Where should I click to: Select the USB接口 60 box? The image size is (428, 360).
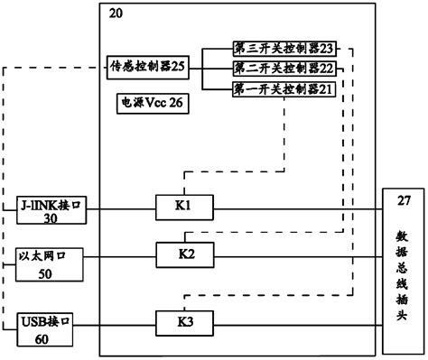(x=45, y=328)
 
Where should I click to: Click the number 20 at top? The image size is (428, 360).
(x=116, y=13)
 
